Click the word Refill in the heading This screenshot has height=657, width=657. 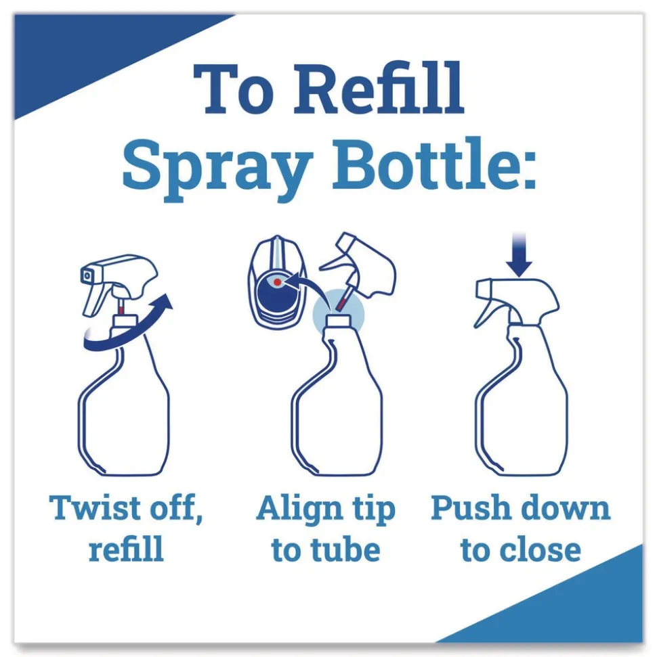379,90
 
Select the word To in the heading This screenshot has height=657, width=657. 234,90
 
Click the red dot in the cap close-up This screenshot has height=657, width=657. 278,281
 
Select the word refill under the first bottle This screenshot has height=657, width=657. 126,549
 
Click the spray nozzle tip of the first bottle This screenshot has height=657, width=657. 87,275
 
